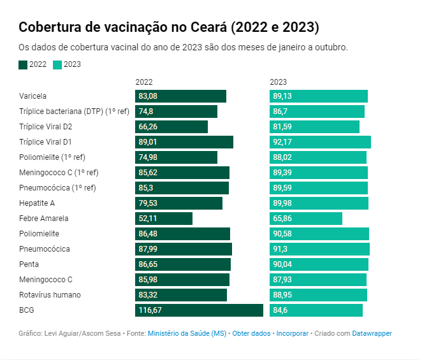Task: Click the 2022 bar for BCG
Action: pyautogui.click(x=199, y=310)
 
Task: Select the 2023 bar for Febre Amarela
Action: pyautogui.click(x=306, y=219)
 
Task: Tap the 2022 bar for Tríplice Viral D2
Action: pyautogui.click(x=171, y=127)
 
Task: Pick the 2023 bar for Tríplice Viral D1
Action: pyautogui.click(x=320, y=142)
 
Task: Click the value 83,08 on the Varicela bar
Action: pyautogui.click(x=148, y=96)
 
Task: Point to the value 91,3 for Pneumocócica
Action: pyautogui.click(x=280, y=249)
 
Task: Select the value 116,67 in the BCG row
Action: pyautogui.click(x=150, y=310)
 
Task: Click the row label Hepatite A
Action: pyautogui.click(x=37, y=203)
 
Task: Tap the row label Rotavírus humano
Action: pyautogui.click(x=50, y=295)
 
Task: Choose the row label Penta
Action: pyautogui.click(x=29, y=264)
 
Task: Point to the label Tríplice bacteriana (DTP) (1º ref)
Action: pyautogui.click(x=75, y=112)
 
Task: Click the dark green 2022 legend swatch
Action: pyautogui.click(x=23, y=65)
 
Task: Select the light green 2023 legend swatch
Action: pyautogui.click(x=57, y=65)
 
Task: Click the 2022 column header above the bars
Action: pyautogui.click(x=144, y=82)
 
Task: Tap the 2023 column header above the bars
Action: pyautogui.click(x=279, y=82)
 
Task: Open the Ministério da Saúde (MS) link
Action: pyautogui.click(x=187, y=333)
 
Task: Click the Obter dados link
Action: pyautogui.click(x=251, y=333)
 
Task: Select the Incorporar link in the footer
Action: pyautogui.click(x=293, y=333)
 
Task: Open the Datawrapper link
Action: pyautogui.click(x=372, y=333)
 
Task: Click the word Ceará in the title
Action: pyautogui.click(x=209, y=27)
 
